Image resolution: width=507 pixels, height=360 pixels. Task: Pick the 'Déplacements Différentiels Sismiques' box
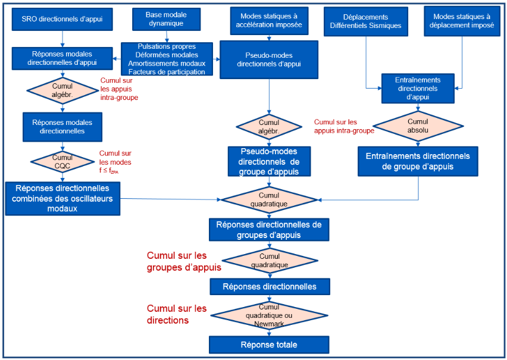coord(366,21)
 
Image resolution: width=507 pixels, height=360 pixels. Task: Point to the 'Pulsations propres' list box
coord(167,59)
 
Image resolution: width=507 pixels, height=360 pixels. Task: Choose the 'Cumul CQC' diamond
coord(62,161)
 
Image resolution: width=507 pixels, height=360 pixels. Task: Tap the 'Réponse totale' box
coord(269,345)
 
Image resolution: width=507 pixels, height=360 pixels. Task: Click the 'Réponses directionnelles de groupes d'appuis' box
coord(269,230)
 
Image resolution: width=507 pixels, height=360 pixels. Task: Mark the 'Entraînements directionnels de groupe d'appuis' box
coord(418,161)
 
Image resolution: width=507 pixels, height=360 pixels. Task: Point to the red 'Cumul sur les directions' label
coord(177,314)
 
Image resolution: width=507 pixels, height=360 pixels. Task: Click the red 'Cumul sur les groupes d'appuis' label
coord(184,262)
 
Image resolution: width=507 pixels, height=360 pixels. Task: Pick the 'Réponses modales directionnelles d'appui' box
coord(62,58)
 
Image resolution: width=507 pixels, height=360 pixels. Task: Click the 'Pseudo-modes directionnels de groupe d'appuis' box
coord(270,161)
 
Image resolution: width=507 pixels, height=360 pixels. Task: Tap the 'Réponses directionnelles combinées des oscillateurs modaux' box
coord(62,198)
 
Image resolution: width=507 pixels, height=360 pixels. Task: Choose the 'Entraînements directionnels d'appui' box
coord(418,88)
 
